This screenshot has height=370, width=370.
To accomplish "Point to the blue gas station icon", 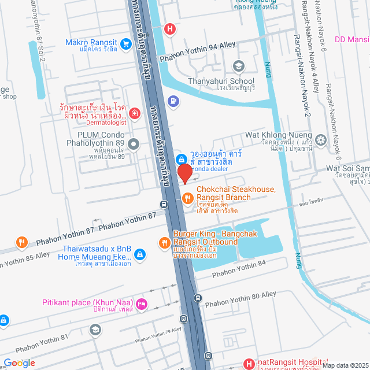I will [172, 101].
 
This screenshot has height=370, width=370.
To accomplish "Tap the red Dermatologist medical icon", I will [134, 113].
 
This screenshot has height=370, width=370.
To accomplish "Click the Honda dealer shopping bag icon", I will [181, 158].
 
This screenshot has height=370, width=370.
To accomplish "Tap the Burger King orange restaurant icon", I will [164, 242].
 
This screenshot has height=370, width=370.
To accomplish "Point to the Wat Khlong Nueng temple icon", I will [320, 139].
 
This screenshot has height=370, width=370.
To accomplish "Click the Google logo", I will [19, 362].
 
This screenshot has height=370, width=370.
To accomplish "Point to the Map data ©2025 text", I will [344, 365].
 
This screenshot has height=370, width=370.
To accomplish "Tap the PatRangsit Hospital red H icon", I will [249, 364].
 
